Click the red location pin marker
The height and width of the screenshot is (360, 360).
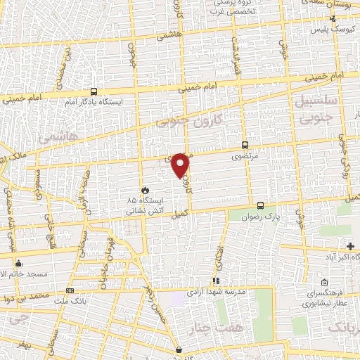181,165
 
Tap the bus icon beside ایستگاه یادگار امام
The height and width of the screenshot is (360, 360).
94,91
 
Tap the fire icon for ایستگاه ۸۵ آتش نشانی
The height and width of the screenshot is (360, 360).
144,190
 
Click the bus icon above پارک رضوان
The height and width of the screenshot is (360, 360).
261,205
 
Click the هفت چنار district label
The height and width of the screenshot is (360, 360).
210,327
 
